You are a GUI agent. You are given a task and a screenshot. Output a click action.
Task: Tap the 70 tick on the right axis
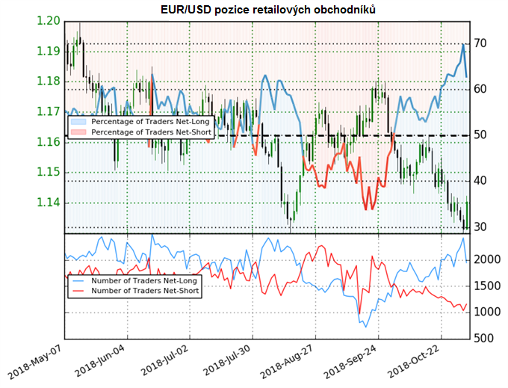(x=480, y=43)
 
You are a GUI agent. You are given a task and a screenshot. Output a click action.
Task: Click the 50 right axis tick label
(x=480, y=135)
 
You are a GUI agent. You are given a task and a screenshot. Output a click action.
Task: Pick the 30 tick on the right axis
(x=480, y=227)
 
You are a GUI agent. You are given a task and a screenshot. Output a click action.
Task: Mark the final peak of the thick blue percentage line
(x=463, y=45)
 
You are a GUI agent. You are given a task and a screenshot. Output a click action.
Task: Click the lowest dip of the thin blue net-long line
(x=365, y=327)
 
